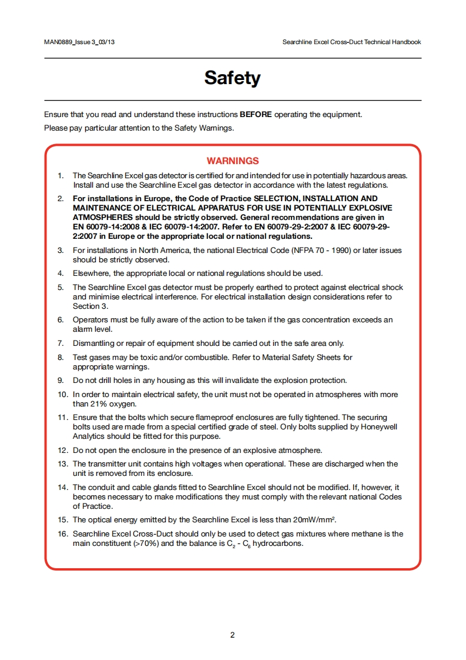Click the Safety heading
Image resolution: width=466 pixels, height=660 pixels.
point(232,78)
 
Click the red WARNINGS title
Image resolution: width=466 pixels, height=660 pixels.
point(233,161)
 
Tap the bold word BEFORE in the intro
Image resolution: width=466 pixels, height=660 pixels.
point(256,114)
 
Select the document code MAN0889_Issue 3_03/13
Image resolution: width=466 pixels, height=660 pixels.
point(79,42)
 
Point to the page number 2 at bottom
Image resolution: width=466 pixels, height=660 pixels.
point(233,635)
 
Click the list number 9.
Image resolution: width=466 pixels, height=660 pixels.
point(61,380)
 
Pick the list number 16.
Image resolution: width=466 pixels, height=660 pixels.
point(62,534)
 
